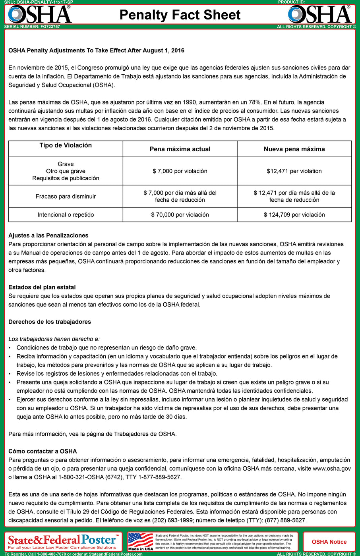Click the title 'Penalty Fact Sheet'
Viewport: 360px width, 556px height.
click(180, 15)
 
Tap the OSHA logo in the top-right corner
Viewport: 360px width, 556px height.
click(319, 14)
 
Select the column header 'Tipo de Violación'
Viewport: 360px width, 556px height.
click(66, 145)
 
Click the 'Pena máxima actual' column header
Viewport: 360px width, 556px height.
click(180, 149)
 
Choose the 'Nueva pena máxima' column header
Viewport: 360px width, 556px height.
click(294, 149)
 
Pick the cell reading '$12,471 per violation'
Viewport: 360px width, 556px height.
click(294, 171)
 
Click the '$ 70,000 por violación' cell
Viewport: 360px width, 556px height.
click(180, 214)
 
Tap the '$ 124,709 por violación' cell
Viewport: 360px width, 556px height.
click(294, 214)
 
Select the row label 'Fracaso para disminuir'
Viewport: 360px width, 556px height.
click(66, 196)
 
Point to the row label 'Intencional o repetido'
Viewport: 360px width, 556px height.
click(66, 214)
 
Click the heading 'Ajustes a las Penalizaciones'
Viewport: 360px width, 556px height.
click(48, 236)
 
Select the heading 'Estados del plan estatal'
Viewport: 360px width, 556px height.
click(42, 287)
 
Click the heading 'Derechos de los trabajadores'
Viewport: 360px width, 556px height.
click(50, 322)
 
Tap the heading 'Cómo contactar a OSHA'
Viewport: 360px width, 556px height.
click(43, 451)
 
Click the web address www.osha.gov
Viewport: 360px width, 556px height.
click(332, 469)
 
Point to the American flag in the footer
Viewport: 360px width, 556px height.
click(140, 540)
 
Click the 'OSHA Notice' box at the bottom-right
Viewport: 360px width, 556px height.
click(329, 542)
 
